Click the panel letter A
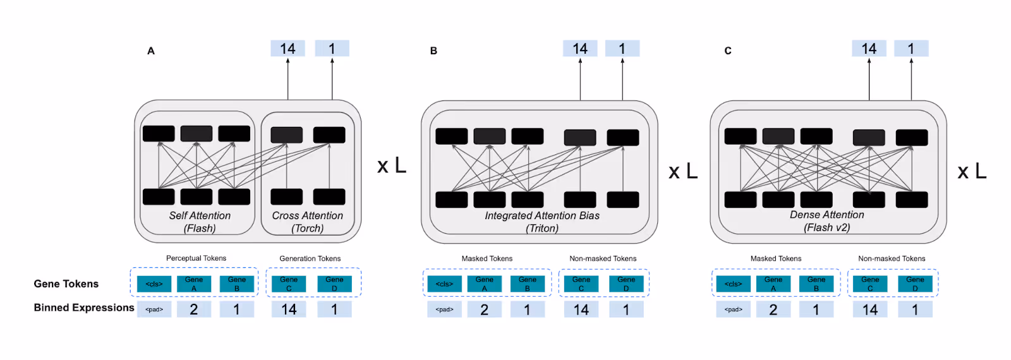(x=151, y=51)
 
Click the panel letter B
(x=433, y=51)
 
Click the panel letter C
(x=728, y=51)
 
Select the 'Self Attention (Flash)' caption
(x=200, y=222)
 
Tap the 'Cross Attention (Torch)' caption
(x=308, y=222)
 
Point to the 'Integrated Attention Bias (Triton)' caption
(x=542, y=222)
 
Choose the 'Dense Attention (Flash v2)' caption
(x=826, y=221)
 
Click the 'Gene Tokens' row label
(x=66, y=284)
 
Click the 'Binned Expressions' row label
(x=84, y=308)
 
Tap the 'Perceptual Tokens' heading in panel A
(x=196, y=258)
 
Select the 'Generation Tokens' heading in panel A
(x=310, y=258)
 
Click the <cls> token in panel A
(x=154, y=284)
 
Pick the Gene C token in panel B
(x=581, y=284)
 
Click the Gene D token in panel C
(x=915, y=284)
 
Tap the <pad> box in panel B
(x=444, y=309)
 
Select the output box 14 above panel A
(x=288, y=49)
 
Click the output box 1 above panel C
(x=911, y=49)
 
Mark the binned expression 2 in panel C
(x=773, y=309)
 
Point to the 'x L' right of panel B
(x=683, y=171)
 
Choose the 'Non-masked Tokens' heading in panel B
(x=603, y=258)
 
